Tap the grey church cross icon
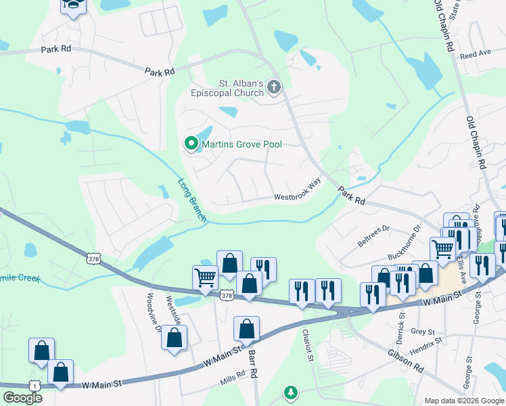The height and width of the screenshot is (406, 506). pyautogui.click(x=274, y=87)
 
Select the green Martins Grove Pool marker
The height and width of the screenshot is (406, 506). pyautogui.click(x=191, y=143)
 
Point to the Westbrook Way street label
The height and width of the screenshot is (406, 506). pyautogui.click(x=297, y=191)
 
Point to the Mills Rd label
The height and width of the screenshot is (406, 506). pyautogui.click(x=232, y=380)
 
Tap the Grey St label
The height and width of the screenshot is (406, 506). pyautogui.click(x=421, y=332)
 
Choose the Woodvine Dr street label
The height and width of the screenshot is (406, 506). pyautogui.click(x=154, y=311)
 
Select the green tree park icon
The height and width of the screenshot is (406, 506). pyautogui.click(x=291, y=392)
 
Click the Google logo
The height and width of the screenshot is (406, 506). pyautogui.click(x=22, y=398)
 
